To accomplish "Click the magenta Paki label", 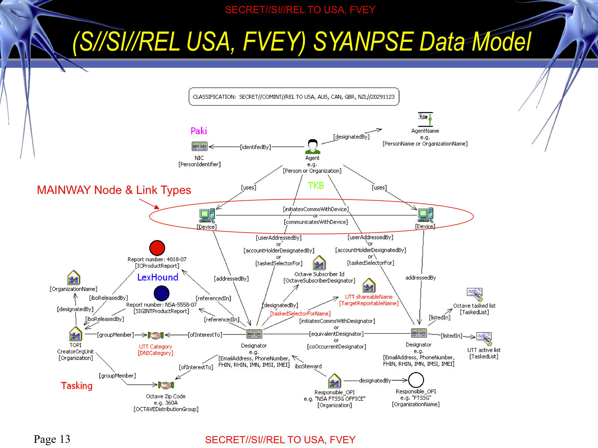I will (x=199, y=131).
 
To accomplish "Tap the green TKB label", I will (x=316, y=186).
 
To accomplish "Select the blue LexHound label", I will (x=157, y=277).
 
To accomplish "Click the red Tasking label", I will (x=77, y=385).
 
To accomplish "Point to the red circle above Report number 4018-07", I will (x=157, y=248).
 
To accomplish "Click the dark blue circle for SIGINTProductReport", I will (x=161, y=293).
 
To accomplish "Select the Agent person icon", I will (x=313, y=147).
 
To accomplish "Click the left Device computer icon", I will (x=207, y=215).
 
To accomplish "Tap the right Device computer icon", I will (x=425, y=215).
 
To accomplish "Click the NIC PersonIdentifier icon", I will (x=199, y=147).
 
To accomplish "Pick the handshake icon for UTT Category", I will (x=155, y=335).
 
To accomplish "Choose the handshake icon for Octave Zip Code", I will (x=166, y=385).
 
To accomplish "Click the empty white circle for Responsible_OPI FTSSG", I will (x=416, y=380).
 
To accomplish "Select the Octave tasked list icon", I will (x=474, y=294).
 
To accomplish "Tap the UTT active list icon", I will (x=484, y=338).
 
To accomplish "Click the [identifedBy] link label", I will (x=255, y=147).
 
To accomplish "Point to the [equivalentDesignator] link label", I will (x=336, y=334).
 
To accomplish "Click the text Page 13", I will (x=52, y=439).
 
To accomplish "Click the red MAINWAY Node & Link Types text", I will (x=114, y=190).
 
